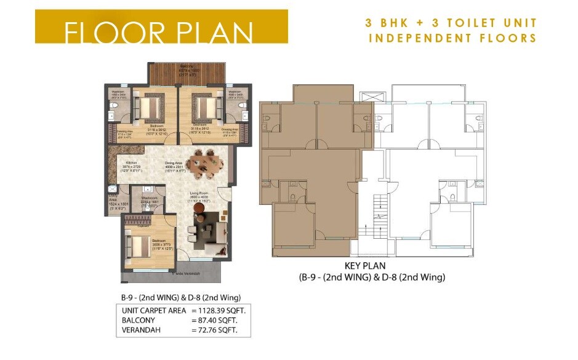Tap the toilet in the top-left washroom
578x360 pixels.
pos(113,115)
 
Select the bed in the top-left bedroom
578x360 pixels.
pos(148,108)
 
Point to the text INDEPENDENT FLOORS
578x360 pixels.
pos(452,38)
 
